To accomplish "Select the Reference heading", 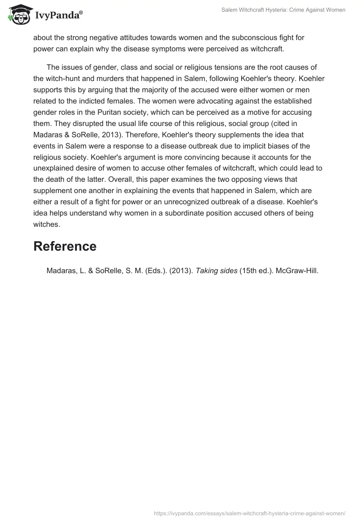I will [65, 246].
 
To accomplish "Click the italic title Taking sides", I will [216, 271].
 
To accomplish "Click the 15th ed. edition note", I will [256, 271].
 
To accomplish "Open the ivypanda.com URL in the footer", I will [249, 513].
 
